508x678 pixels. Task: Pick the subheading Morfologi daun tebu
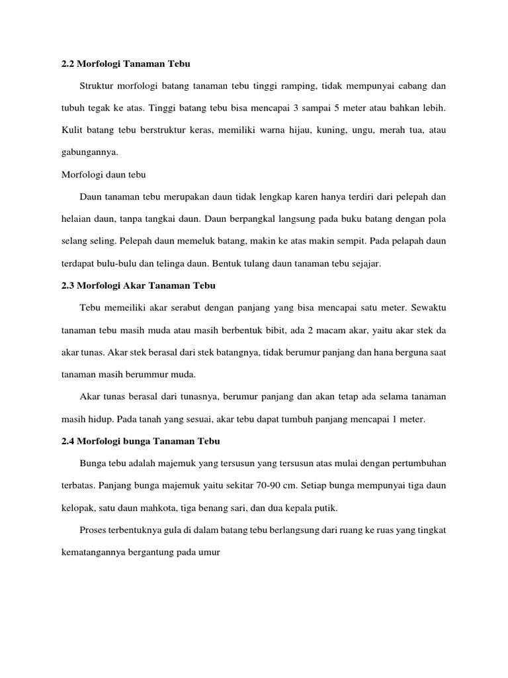(x=103, y=175)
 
